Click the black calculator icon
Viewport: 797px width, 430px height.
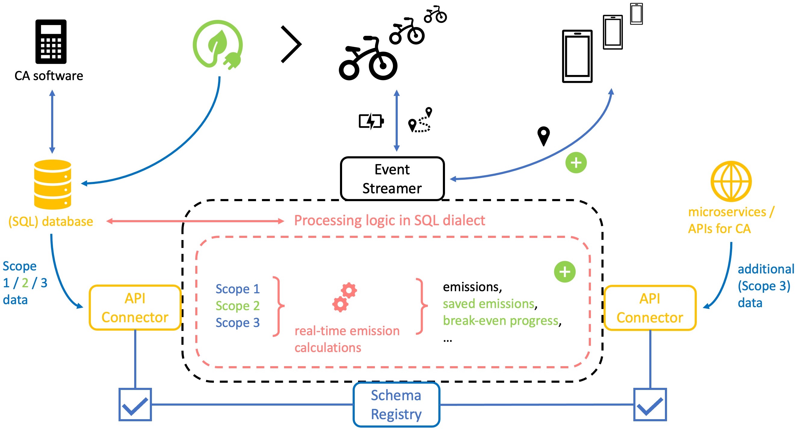[x=51, y=42]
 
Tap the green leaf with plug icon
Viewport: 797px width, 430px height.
[x=218, y=44]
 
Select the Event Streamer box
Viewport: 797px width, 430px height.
[x=392, y=179]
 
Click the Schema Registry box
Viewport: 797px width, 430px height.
[x=396, y=404]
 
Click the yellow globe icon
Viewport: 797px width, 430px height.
[x=731, y=181]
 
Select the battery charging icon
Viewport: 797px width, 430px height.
[x=371, y=121]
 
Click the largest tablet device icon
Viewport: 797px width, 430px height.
[x=577, y=56]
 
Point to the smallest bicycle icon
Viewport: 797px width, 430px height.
[x=435, y=14]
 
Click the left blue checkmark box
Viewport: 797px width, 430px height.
[x=135, y=404]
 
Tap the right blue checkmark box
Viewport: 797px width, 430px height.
[x=650, y=404]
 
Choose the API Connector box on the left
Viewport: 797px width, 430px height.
[x=135, y=308]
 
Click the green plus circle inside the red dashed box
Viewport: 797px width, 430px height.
[x=565, y=272]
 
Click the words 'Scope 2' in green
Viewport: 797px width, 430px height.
[x=237, y=306]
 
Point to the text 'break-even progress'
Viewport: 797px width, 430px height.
[x=500, y=320]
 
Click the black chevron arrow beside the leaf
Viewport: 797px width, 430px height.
[x=291, y=44]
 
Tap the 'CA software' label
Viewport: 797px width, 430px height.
[x=49, y=76]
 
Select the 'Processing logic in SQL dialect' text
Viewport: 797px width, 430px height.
[x=389, y=220]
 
